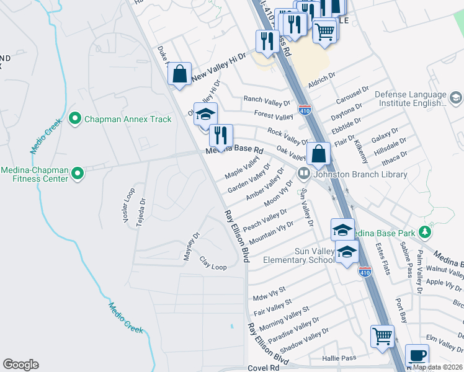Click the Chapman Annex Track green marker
(x=76, y=117)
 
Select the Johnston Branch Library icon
(x=304, y=174)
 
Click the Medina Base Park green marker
(x=424, y=233)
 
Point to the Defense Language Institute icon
(x=456, y=98)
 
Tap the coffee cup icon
(x=417, y=356)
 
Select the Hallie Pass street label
(x=339, y=358)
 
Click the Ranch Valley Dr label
(x=267, y=99)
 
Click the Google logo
(x=20, y=365)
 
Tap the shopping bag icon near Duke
(x=179, y=74)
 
